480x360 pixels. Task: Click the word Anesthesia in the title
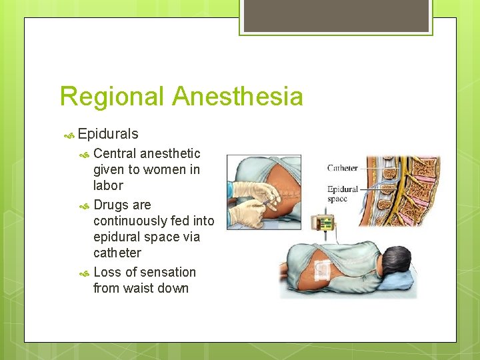[x=237, y=97]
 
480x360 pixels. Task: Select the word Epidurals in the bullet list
[x=108, y=135]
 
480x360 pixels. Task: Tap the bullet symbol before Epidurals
[x=69, y=135]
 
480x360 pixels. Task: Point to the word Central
[x=115, y=153]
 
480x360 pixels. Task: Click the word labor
[x=108, y=185]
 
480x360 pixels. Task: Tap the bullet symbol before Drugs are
[x=84, y=206]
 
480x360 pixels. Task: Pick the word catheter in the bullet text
[x=117, y=253]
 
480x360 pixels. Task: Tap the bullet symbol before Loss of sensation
[x=84, y=273]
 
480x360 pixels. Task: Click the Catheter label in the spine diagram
[x=342, y=168]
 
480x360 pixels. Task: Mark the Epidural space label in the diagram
[x=343, y=194]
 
